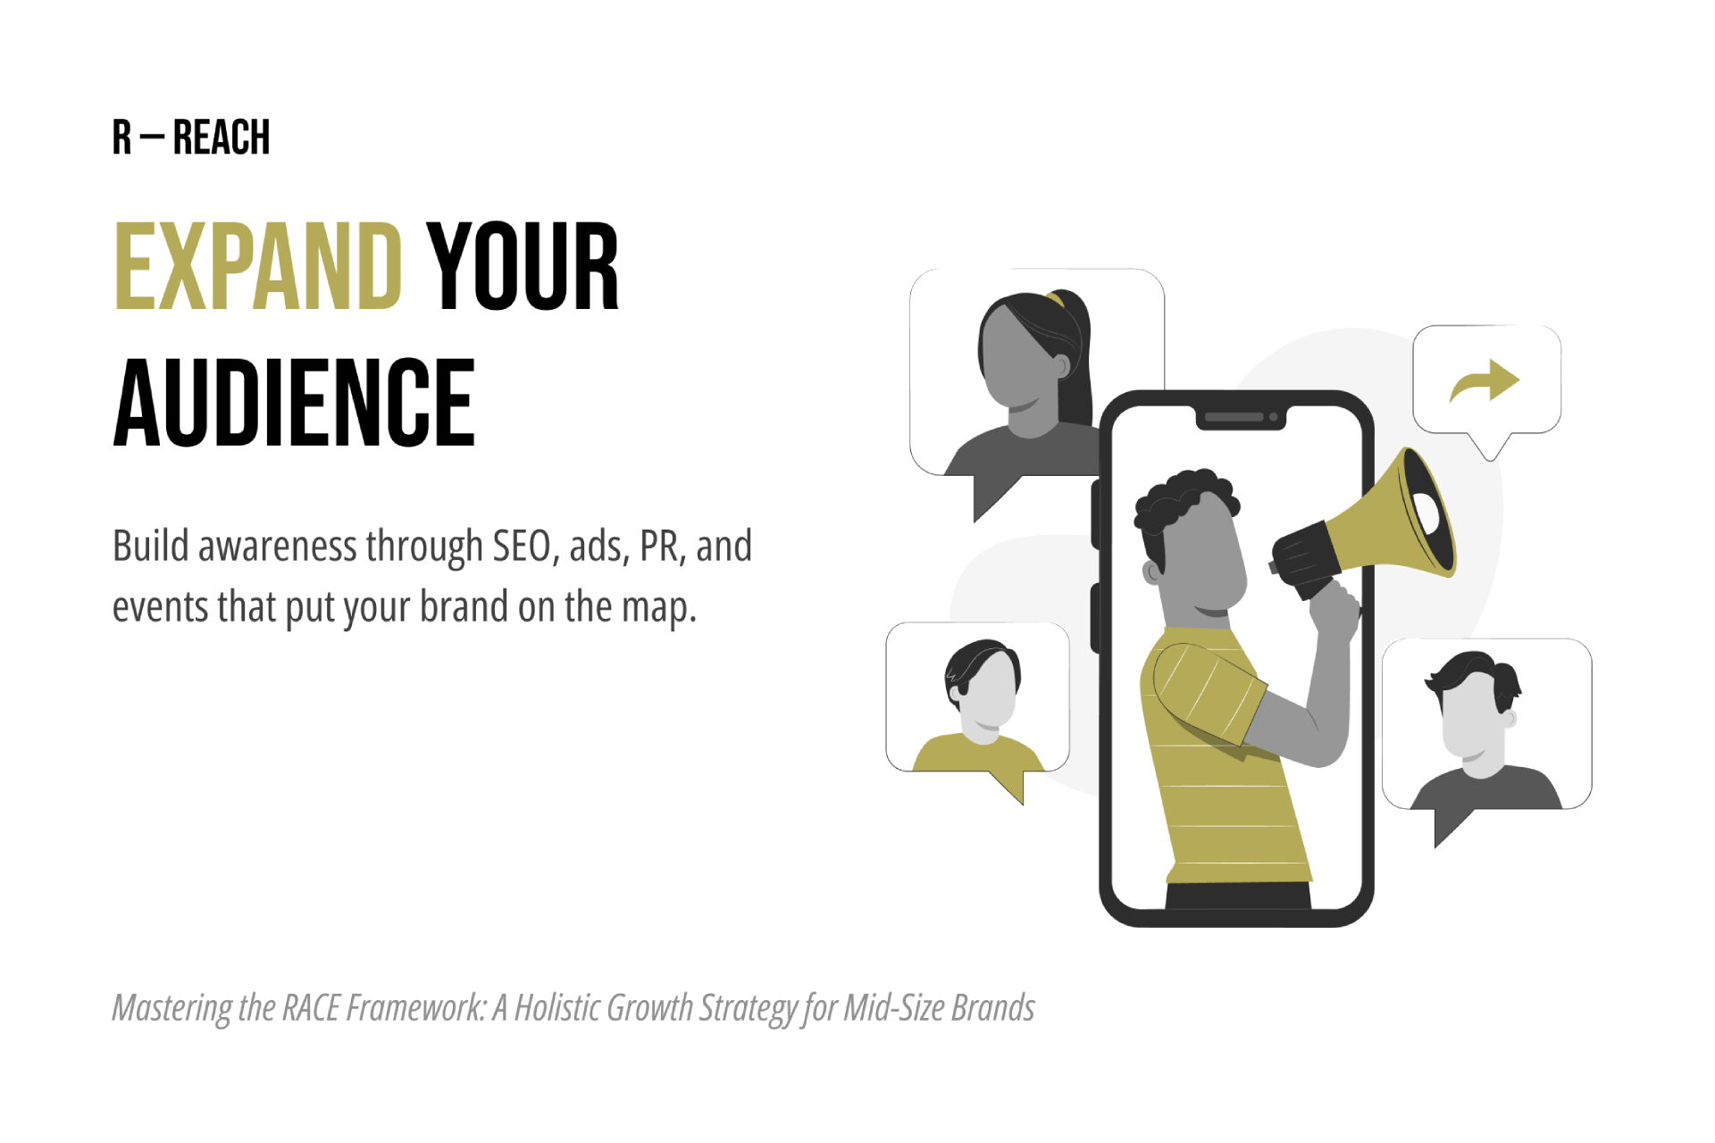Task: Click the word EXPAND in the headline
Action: click(258, 267)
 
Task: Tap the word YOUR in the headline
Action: click(523, 267)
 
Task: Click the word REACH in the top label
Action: click(222, 138)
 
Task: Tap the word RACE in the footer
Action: click(311, 1008)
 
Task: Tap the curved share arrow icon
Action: click(1485, 381)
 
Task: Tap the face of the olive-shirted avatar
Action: click(990, 692)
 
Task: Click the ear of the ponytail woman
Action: click(1061, 365)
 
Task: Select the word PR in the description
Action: click(659, 546)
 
